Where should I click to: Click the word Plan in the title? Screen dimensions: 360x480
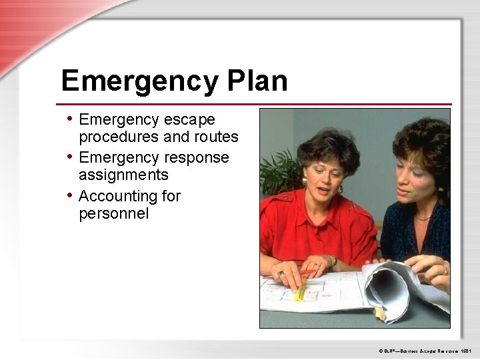[x=257, y=81]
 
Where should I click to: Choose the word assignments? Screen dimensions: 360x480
[x=123, y=175]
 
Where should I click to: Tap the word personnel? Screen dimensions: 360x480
[x=114, y=214]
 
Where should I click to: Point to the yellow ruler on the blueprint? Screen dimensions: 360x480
[x=302, y=290]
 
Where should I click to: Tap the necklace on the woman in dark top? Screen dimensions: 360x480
[x=423, y=217]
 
